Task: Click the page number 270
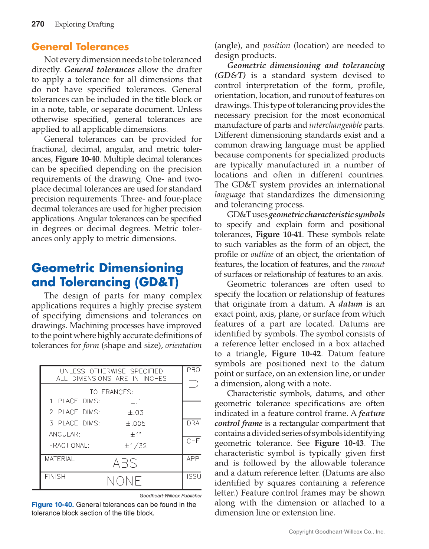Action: coord(38,24)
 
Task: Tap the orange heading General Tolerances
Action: coord(80,47)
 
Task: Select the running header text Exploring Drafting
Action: coord(85,24)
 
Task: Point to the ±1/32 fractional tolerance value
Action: coord(135,446)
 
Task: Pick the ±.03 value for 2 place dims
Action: coord(135,412)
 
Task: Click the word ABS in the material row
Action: coord(125,463)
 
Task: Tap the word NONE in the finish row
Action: coord(124,481)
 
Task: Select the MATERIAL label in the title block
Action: coord(60,459)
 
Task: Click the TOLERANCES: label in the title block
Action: coord(111,392)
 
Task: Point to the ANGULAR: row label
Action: coord(65,434)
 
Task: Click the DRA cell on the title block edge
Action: coord(193,423)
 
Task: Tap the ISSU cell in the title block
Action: coord(194,476)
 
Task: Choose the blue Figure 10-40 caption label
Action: coord(52,504)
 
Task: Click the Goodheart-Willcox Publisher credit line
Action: coord(171,496)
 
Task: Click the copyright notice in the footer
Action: coord(337,532)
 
